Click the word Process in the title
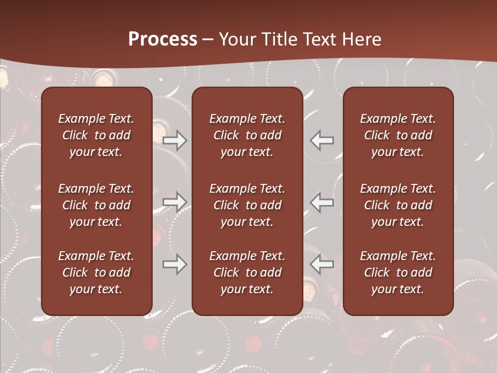(163, 39)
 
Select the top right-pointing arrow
(174, 140)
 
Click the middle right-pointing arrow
(174, 202)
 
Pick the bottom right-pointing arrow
(174, 265)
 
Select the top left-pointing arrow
(322, 140)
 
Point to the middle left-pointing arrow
(322, 202)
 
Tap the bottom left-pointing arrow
(322, 265)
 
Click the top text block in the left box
(96, 135)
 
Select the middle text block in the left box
(96, 205)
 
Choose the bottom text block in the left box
(96, 272)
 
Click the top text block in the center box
(247, 135)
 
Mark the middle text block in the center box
(247, 205)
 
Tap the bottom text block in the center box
(247, 272)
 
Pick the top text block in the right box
(398, 135)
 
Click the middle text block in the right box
(398, 205)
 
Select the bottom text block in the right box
(398, 272)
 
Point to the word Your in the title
(238, 39)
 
